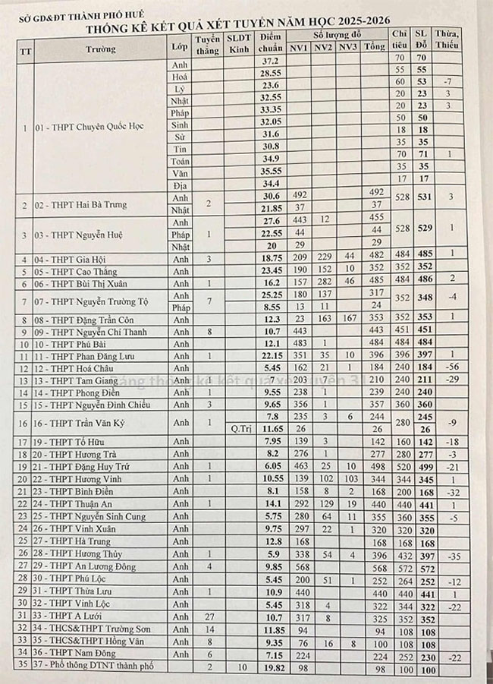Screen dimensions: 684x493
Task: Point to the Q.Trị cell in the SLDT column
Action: pos(239,429)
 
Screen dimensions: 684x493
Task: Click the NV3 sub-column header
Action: pos(348,47)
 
